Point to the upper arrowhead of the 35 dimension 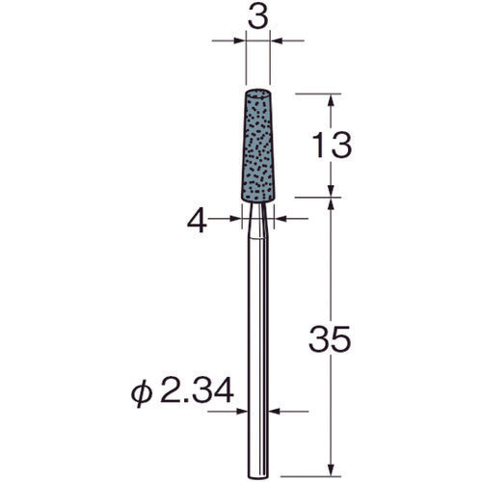point(332,206)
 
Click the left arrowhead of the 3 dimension point(240,41)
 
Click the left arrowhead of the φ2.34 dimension point(244,412)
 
